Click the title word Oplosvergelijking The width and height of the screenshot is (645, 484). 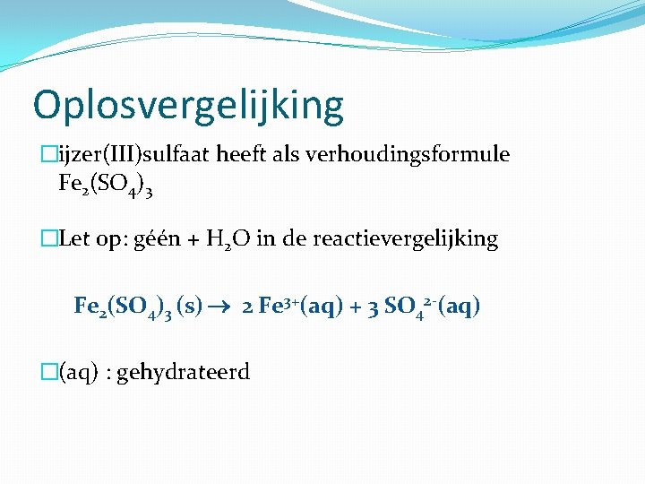pos(188,106)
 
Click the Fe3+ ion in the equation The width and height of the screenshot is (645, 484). pos(279,306)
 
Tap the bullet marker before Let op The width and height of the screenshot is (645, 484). pos(49,239)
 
